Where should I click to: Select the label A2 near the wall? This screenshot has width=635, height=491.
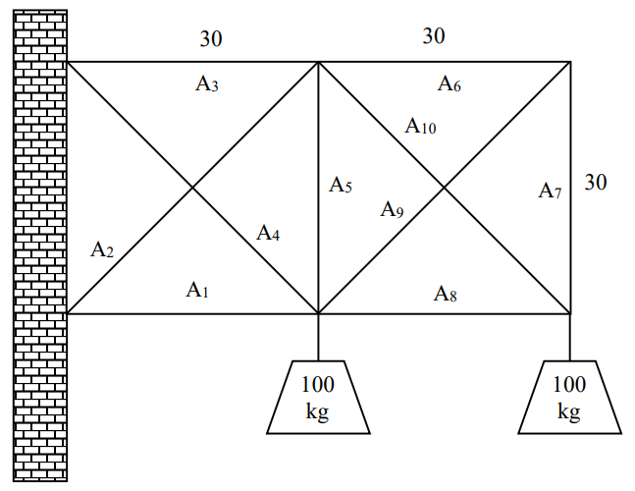click(102, 249)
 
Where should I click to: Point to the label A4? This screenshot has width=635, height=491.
click(269, 233)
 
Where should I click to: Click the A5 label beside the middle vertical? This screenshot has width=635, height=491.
click(341, 184)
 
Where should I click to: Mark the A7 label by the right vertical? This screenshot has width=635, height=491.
click(550, 191)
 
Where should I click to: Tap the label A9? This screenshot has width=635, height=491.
click(393, 209)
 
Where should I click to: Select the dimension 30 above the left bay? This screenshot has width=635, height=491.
click(211, 39)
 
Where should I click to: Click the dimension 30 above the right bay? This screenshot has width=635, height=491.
click(434, 36)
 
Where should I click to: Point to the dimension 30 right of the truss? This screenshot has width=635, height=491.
click(596, 182)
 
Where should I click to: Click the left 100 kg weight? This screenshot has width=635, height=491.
click(318, 398)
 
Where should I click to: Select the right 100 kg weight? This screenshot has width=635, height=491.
click(569, 398)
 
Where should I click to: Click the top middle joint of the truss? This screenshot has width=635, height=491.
click(319, 63)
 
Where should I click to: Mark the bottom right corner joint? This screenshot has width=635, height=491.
click(570, 314)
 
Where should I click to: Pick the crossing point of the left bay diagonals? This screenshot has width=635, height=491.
click(193, 189)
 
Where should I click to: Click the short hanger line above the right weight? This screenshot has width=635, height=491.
click(570, 338)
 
